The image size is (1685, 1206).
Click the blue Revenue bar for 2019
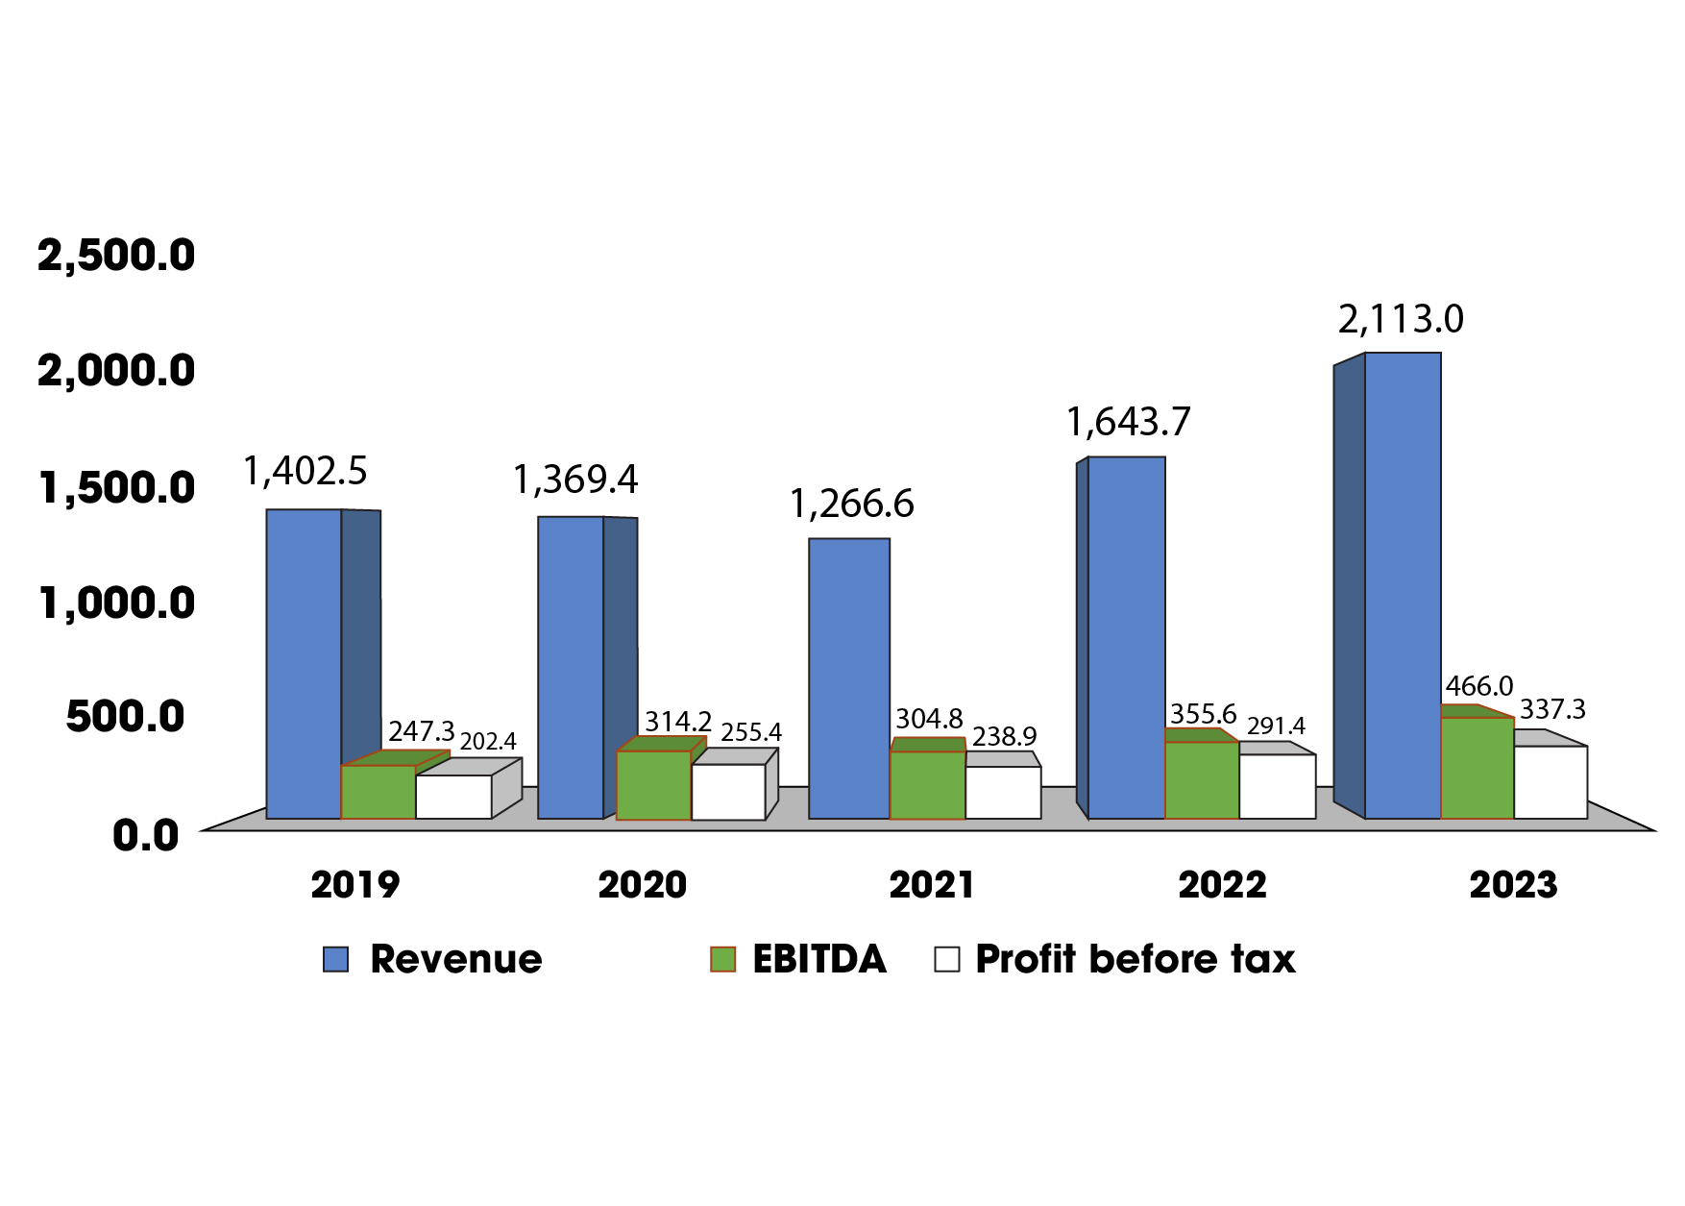point(304,663)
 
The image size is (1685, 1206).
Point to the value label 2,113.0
point(1401,319)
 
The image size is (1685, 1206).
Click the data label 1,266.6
point(851,504)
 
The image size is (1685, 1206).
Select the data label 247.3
point(421,731)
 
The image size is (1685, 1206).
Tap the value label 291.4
point(1276,726)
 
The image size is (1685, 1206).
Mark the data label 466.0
point(1478,686)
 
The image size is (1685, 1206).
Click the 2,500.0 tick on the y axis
point(116,256)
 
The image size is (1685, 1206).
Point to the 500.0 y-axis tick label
point(125,717)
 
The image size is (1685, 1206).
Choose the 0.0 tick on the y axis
point(146,835)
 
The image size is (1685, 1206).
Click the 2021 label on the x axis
point(932,885)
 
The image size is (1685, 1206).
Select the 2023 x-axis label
point(1513,885)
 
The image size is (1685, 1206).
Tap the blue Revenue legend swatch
point(335,959)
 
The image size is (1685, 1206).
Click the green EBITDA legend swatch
point(722,959)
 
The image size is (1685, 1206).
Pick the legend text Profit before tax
point(1135,959)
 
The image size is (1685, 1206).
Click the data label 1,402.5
point(305,471)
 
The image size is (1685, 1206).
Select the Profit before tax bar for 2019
point(453,797)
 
